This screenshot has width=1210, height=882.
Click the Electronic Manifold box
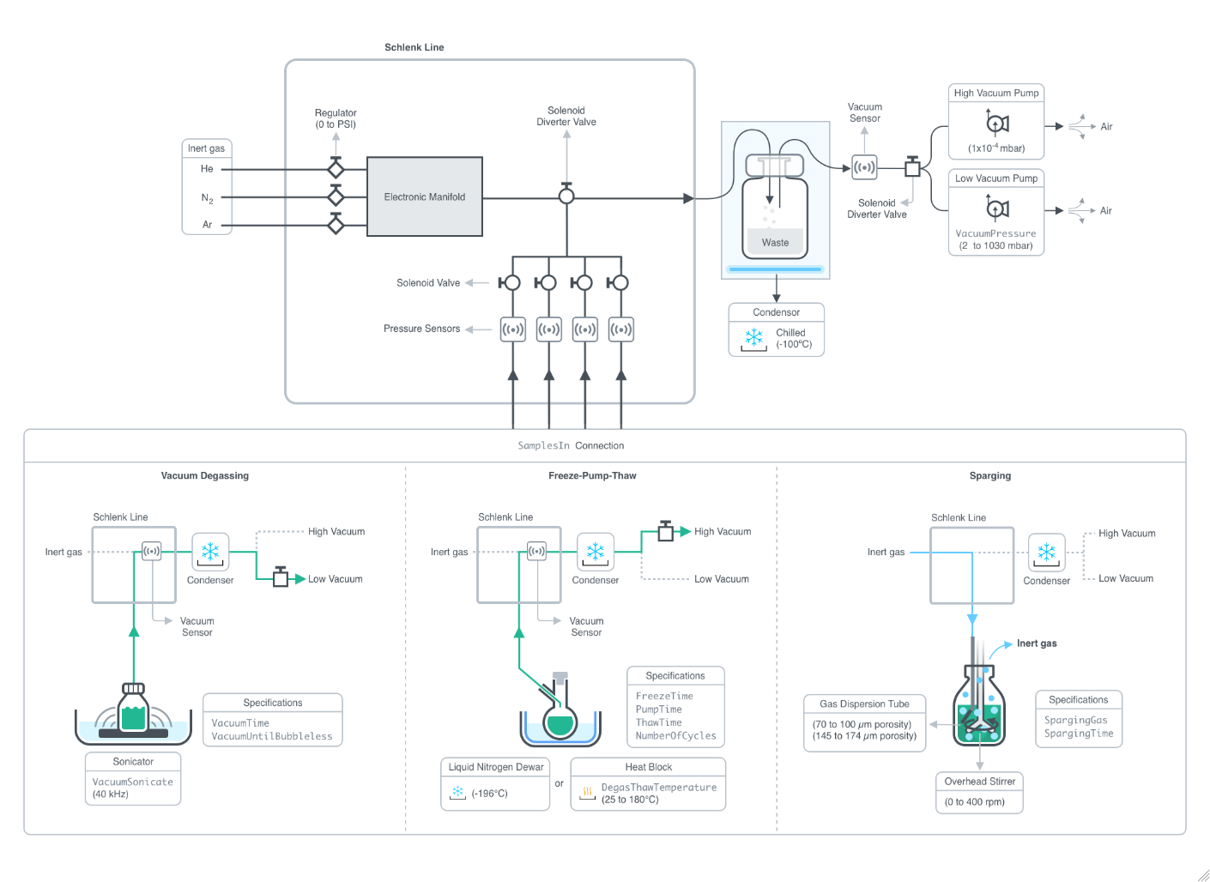424,196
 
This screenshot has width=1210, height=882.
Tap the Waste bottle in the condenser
774,218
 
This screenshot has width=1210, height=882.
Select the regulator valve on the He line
336,169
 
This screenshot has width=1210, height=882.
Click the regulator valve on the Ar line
336,225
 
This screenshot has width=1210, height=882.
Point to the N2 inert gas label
207,198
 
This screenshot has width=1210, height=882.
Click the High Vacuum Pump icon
996,124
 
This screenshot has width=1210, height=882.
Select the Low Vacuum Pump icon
996,208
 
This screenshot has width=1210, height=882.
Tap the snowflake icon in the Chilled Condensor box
753,338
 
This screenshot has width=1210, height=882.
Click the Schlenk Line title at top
414,47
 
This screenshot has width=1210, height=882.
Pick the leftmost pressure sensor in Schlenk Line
513,329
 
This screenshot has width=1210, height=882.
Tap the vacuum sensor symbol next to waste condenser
864,167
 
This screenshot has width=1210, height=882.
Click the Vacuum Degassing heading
205,475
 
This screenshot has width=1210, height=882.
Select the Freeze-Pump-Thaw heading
592,475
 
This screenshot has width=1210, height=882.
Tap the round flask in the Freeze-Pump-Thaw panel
560,723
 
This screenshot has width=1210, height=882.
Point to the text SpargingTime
1078,734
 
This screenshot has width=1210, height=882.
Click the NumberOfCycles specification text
675,736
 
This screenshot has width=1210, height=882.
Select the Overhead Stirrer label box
979,782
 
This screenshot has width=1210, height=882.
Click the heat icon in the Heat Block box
587,792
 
